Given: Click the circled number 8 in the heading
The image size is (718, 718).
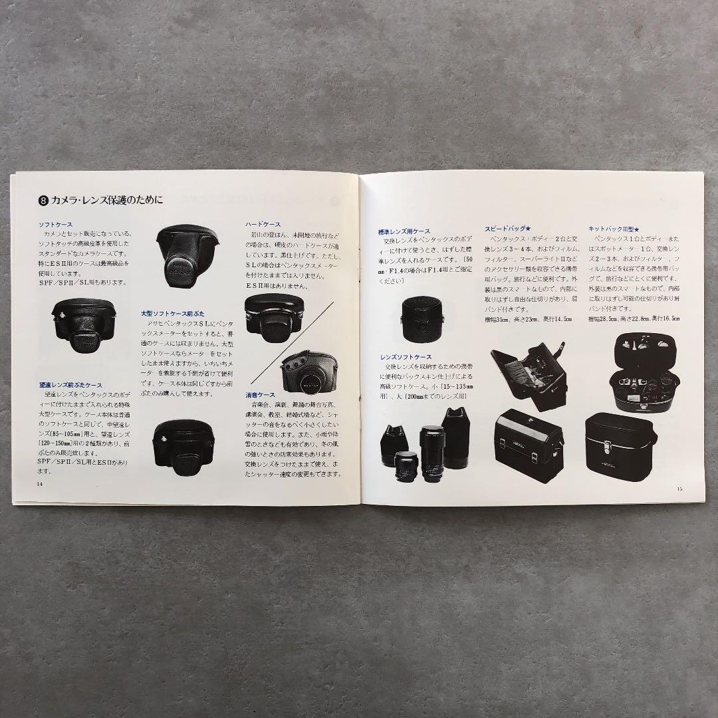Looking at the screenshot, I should [44, 199].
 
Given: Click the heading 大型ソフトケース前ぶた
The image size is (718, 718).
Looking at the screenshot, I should [168, 313].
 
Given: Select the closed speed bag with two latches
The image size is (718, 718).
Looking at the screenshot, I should [533, 444].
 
